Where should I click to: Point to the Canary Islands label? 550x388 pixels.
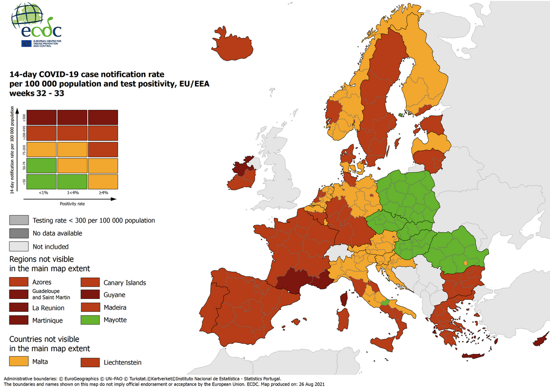pyautogui.click(x=125, y=283)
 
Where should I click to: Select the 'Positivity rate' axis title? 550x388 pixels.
pyautogui.click(x=72, y=204)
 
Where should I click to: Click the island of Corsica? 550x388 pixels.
pyautogui.click(x=345, y=298)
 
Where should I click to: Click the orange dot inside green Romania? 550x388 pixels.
pyautogui.click(x=466, y=263)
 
